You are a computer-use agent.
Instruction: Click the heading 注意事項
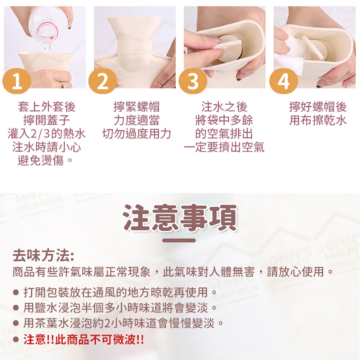tap(180, 217)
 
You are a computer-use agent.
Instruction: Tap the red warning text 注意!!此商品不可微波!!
tap(84, 339)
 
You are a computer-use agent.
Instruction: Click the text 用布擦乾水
tap(318, 120)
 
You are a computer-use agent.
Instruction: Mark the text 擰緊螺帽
tap(136, 107)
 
